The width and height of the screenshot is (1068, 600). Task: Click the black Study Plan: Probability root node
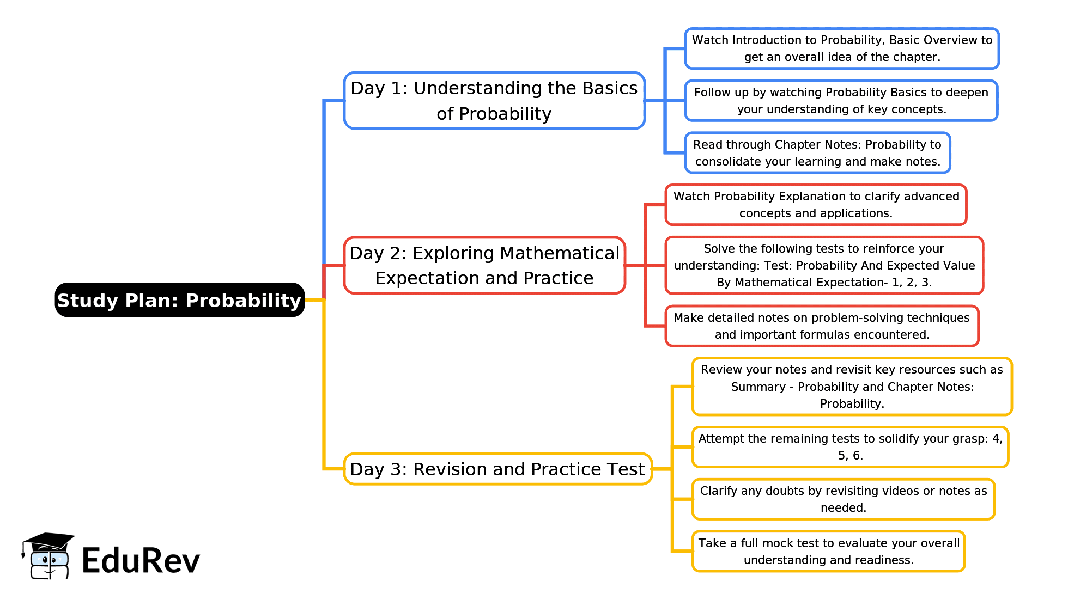pyautogui.click(x=179, y=300)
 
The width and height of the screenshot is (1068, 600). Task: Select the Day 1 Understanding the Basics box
pyautogui.click(x=494, y=101)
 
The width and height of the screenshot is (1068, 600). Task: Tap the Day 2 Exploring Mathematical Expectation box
pyautogui.click(x=484, y=266)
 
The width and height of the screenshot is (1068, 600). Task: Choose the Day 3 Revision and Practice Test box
pyautogui.click(x=497, y=469)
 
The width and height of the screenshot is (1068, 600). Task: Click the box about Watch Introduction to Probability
pyautogui.click(x=842, y=48)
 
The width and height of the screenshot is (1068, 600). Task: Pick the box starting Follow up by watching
pyautogui.click(x=841, y=101)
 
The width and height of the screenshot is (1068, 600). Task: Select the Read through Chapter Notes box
pyautogui.click(x=817, y=153)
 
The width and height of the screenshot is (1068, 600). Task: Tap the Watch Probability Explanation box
pyautogui.click(x=816, y=205)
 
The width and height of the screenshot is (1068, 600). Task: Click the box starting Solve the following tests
pyautogui.click(x=824, y=266)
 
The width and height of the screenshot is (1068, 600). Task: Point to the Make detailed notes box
pyautogui.click(x=822, y=326)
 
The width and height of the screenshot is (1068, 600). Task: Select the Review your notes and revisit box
pyautogui.click(x=852, y=387)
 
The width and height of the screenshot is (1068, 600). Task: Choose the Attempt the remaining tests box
pyautogui.click(x=850, y=447)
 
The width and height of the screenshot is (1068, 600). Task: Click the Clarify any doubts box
pyautogui.click(x=843, y=499)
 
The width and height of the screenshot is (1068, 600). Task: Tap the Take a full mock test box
pyautogui.click(x=828, y=552)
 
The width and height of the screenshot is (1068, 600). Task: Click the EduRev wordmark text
pyautogui.click(x=141, y=561)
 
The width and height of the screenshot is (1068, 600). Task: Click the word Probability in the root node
pyautogui.click(x=243, y=301)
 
